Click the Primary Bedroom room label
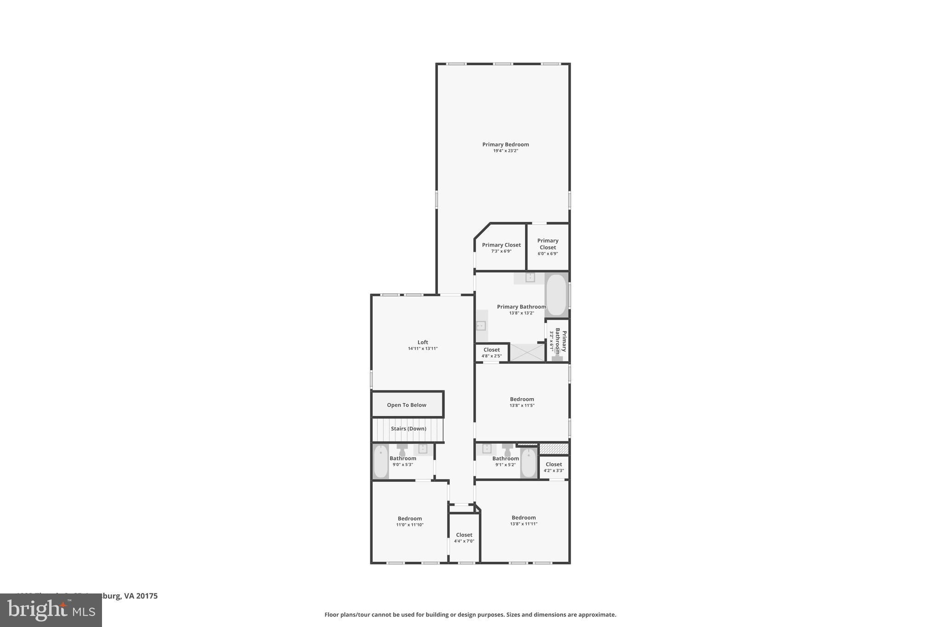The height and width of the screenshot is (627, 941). [505, 144]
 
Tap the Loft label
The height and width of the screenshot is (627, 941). [423, 342]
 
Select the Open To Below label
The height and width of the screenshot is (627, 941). [407, 405]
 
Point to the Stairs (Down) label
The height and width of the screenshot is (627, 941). [408, 429]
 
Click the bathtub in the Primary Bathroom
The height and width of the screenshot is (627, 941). [556, 295]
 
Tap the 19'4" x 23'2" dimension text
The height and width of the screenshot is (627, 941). [505, 151]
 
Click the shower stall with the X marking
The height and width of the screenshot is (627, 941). [527, 353]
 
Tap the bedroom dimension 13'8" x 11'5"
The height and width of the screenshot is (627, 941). [522, 406]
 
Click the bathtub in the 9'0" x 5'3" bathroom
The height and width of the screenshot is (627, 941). [380, 462]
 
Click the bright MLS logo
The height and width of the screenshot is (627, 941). [51, 610]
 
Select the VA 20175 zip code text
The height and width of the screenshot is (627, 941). [141, 596]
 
